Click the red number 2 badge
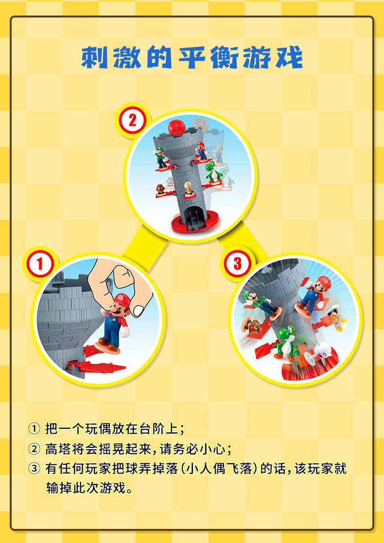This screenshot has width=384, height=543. (132, 121)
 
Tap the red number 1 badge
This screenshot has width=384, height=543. (40, 264)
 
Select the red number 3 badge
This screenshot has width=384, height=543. (237, 264)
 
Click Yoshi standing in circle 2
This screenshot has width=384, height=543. (213, 172)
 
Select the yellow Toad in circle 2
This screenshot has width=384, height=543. (189, 188)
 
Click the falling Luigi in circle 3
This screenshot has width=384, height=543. (262, 304)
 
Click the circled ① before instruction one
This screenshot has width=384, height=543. (34, 429)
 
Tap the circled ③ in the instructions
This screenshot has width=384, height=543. (34, 469)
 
